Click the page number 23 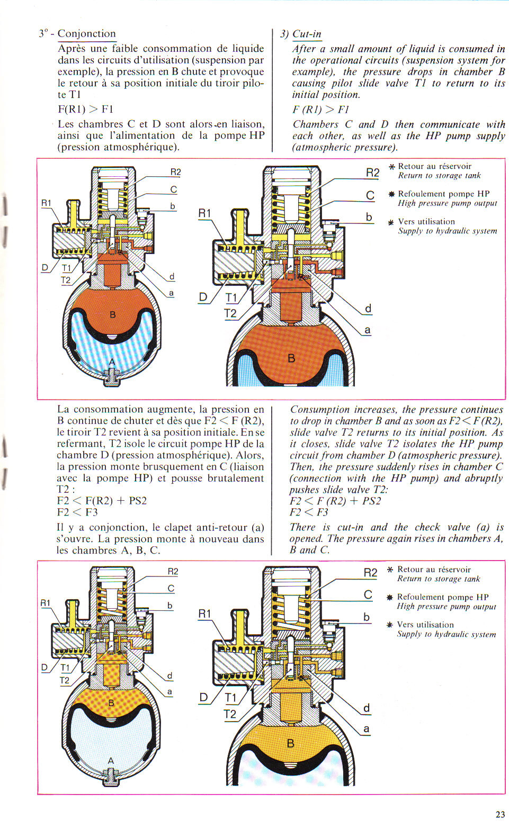tap(500, 814)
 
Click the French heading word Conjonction tap(86, 34)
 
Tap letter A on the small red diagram tap(112, 362)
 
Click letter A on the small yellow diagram tap(111, 761)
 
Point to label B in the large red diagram tap(291, 359)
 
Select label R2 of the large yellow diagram tap(370, 573)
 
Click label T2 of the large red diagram tap(230, 313)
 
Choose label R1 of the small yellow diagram tap(46, 602)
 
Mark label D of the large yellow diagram tap(203, 697)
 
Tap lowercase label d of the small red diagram tap(172, 277)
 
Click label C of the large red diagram tap(370, 195)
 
